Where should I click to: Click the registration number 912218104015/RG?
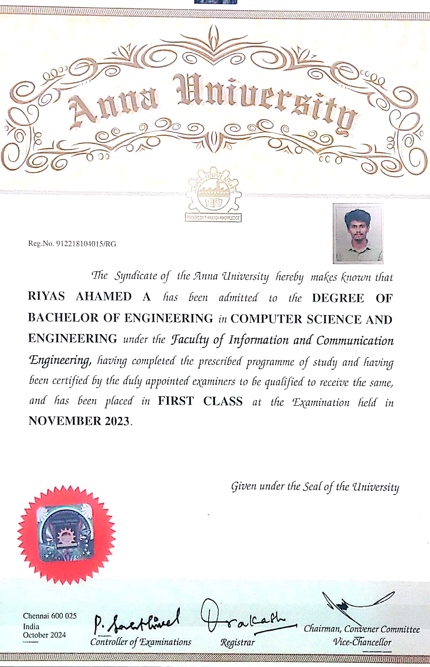coord(86,244)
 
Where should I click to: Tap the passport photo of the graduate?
coord(358,233)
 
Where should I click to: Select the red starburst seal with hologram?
coord(66,535)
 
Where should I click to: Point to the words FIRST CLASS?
coord(200,401)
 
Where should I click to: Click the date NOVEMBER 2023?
coord(79,421)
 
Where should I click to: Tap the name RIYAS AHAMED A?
coord(89,296)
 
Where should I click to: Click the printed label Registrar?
coord(237,642)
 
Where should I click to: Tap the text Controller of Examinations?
coord(141,642)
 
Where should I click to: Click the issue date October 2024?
coord(44,635)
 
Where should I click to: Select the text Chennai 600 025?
coord(50,616)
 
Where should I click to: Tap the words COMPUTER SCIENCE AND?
coord(311,319)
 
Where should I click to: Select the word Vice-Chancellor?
coord(362,642)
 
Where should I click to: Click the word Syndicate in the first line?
coord(136,276)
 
